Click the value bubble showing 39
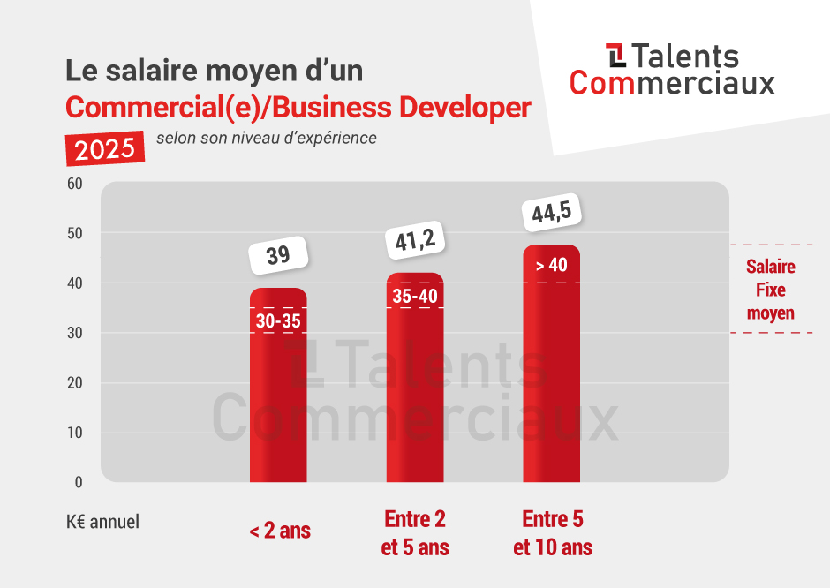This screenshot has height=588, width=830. coord(278,255)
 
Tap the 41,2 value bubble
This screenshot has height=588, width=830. coord(415,238)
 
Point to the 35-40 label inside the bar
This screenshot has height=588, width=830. coord(415,297)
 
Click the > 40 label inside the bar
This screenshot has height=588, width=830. coord(552,265)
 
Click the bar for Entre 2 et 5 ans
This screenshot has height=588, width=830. coord(415,397)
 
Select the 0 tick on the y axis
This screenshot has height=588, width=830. coord(78,482)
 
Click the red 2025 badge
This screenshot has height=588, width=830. coord(105,148)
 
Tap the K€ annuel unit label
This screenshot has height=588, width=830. coord(102,522)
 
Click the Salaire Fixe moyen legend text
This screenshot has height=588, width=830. coord(770,290)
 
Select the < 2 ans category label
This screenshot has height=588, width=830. coord(279,531)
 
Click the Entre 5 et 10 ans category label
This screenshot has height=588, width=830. coord(553,532)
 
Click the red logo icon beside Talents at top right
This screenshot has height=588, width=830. coord(616,55)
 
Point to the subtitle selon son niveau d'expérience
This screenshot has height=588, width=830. coord(266,138)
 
